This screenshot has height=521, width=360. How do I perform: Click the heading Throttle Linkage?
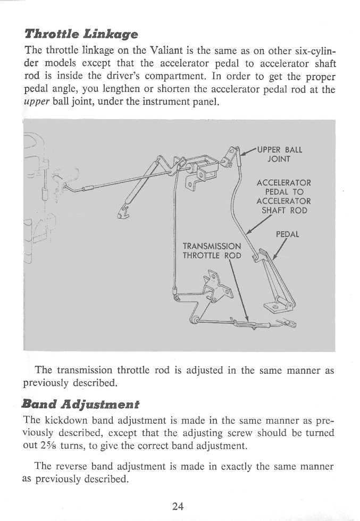point(81,35)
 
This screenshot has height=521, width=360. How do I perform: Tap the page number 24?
point(178,506)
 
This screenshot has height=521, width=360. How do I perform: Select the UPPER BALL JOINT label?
point(280,154)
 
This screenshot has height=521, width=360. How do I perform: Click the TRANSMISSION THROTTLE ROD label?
point(212,250)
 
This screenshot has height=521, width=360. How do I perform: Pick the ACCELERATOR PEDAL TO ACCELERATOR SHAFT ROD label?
point(283,197)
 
